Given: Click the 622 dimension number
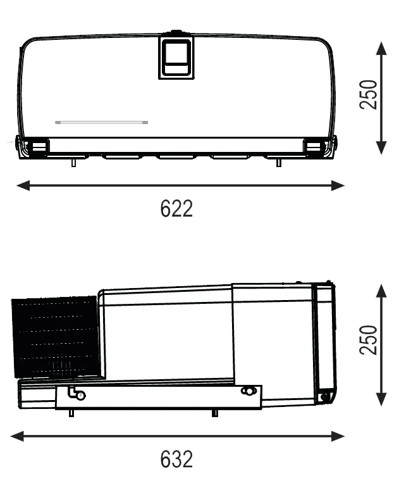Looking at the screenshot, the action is pyautogui.click(x=176, y=208).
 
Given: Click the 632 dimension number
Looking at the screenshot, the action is pyautogui.click(x=176, y=459).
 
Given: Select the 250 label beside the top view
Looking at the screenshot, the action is pyautogui.click(x=368, y=94).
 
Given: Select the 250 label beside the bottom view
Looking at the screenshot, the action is pyautogui.click(x=368, y=340).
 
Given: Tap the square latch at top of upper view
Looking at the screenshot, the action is pyautogui.click(x=176, y=58).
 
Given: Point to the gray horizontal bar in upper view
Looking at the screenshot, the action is pyautogui.click(x=102, y=122).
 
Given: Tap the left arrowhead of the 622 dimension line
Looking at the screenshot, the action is pyautogui.click(x=23, y=185).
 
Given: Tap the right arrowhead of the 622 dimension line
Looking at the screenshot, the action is pyautogui.click(x=338, y=185).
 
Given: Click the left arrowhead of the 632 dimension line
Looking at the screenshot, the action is pyautogui.click(x=17, y=436).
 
